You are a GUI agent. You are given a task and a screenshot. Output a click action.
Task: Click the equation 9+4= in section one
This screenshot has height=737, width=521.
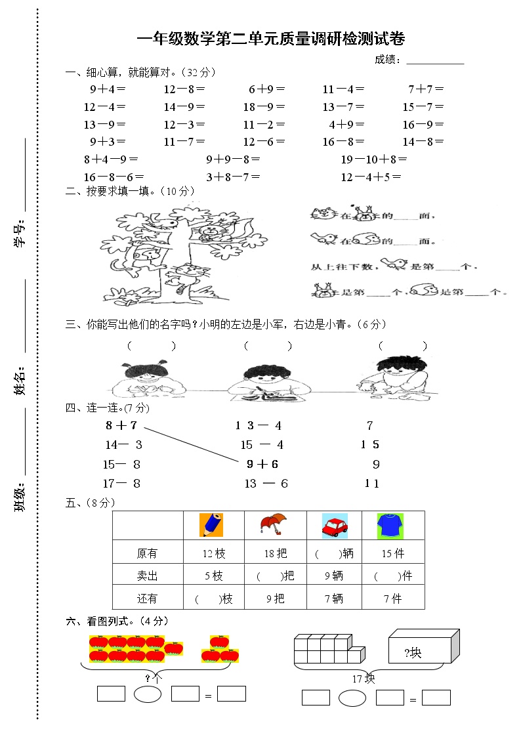coord(108,89)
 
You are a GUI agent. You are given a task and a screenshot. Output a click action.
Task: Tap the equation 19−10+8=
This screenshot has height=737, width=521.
coord(374,159)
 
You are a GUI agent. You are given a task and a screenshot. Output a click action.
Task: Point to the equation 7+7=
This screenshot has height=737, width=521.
coord(426,89)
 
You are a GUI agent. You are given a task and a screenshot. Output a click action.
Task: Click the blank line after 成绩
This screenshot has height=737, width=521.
coord(435,61)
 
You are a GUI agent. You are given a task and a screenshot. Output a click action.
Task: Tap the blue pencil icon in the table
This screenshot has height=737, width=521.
coord(211,525)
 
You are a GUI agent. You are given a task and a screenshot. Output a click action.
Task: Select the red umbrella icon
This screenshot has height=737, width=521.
coord(273,524)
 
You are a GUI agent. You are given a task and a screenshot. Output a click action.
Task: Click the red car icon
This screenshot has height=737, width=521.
coord(335,526)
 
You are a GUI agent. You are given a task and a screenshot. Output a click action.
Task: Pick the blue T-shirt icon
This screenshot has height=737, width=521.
coord(390,526)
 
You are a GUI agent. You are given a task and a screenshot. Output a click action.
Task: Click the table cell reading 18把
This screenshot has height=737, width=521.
coord(276,554)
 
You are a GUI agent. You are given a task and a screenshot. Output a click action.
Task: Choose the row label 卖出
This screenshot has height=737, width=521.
coord(147,576)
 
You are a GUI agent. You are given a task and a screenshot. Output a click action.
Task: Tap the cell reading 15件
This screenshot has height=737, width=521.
coord(392,554)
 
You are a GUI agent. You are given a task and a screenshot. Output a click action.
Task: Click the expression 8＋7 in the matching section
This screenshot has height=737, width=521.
coord(121,425)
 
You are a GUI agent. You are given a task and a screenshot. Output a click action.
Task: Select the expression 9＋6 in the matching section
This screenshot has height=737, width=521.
coord(262,464)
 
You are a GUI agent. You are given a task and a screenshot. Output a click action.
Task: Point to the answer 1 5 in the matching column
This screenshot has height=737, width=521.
coord(370,445)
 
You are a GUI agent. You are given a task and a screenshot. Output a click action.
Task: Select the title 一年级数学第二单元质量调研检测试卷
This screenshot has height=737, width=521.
coord(270,39)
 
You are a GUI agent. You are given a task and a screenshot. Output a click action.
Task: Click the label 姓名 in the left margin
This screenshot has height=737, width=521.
coord(20,381)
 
